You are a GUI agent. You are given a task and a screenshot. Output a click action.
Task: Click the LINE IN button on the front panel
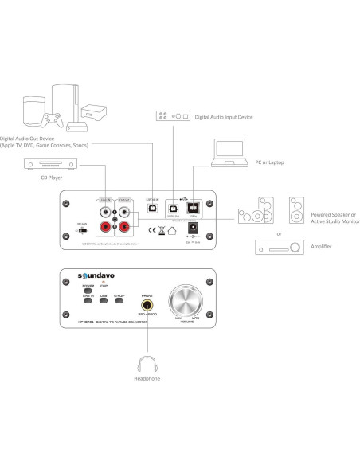click(88, 300)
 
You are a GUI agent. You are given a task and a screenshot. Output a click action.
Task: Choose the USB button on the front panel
click(104, 300)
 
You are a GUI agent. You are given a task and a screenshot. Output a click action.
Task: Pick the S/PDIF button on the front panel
click(119, 300)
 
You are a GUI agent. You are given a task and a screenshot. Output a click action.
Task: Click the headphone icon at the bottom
click(147, 364)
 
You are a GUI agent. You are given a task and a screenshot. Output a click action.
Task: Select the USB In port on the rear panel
click(192, 205)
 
